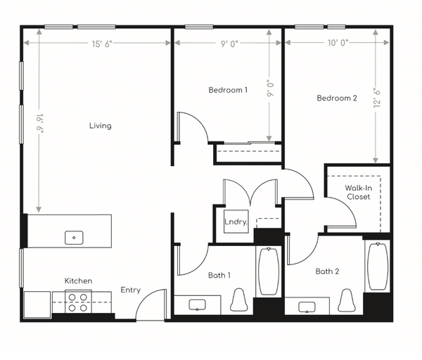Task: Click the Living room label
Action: tap(101, 126)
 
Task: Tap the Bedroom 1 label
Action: tap(228, 90)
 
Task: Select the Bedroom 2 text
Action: tap(337, 98)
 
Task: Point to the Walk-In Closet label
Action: tap(359, 192)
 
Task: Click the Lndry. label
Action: tap(236, 221)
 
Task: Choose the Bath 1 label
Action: tap(219, 275)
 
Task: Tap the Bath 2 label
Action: tap(327, 271)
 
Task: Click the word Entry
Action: tap(131, 290)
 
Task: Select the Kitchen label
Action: tap(78, 281)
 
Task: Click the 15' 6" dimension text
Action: tap(102, 44)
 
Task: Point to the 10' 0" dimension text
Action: tap(338, 43)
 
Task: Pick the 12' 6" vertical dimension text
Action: tap(377, 98)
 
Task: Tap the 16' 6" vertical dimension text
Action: tap(39, 124)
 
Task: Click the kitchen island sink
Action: tap(74, 238)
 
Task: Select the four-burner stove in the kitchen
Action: tap(78, 302)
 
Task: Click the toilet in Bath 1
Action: tap(238, 300)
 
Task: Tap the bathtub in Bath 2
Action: tap(378, 266)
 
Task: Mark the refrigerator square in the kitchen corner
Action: tap(37, 305)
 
